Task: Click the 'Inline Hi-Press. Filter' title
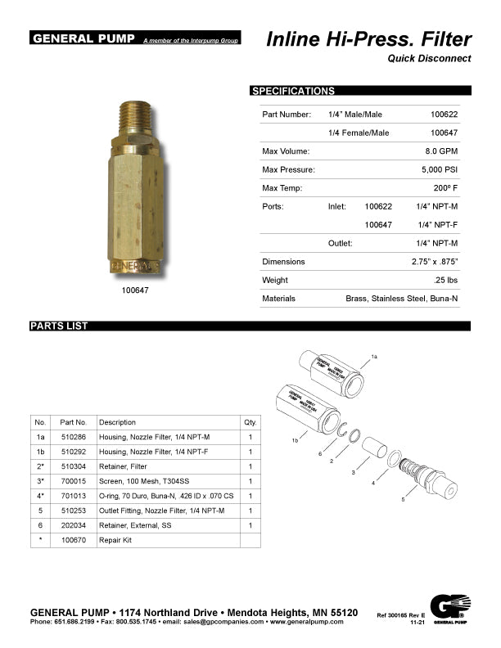coord(368,39)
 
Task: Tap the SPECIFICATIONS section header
coord(293,91)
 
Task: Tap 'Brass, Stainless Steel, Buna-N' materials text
coord(401,299)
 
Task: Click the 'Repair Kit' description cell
coord(115,540)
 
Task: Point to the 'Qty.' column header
coord(250,422)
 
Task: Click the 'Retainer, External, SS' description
coord(136,525)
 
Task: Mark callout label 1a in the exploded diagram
coord(374,358)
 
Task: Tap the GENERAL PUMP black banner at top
coord(83,38)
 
